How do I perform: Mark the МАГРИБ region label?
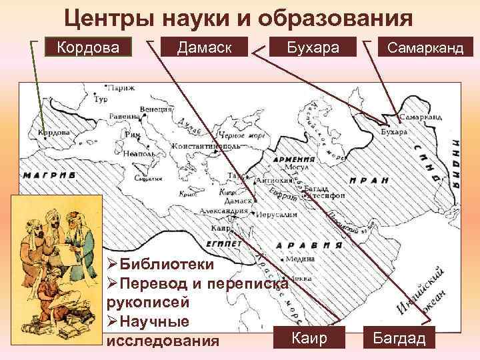click(x=49, y=175)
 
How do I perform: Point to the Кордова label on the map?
click(x=53, y=132)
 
